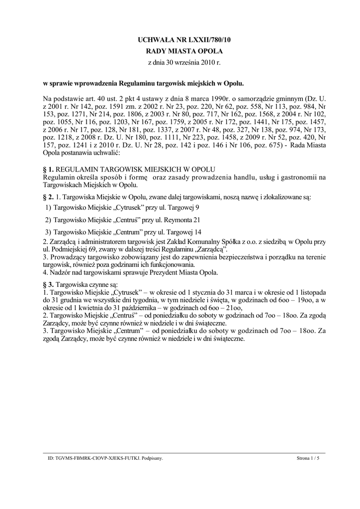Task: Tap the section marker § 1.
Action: [48, 170]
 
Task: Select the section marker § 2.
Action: [48, 197]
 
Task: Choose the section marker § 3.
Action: [48, 284]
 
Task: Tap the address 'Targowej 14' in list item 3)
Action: [184, 231]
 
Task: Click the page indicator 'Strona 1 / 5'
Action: [308, 458]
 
